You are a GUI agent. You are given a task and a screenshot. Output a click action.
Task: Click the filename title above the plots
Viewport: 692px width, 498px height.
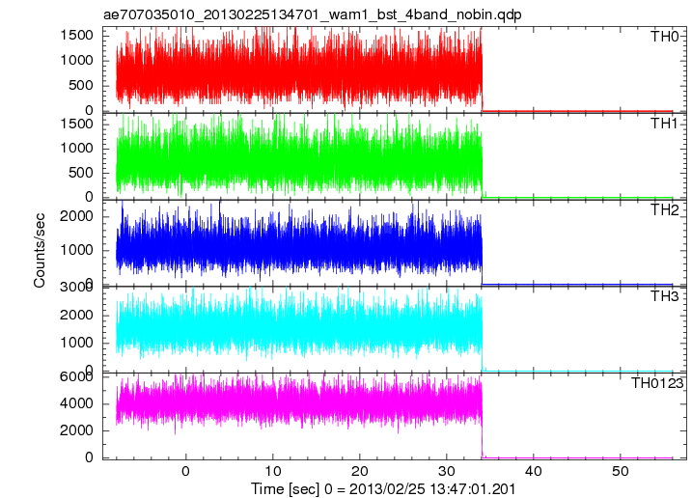(312, 14)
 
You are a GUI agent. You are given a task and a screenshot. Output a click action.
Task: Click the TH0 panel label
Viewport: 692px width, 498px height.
(665, 37)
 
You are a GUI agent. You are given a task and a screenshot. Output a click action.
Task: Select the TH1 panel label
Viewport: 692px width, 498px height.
(664, 124)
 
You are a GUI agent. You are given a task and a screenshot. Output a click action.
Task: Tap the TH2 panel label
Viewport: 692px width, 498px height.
(665, 210)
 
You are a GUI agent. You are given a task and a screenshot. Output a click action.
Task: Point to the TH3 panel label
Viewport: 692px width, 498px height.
(665, 296)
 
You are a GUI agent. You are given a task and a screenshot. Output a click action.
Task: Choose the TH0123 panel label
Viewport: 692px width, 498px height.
(656, 383)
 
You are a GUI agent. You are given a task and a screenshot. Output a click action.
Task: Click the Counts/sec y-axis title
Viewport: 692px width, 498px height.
(40, 250)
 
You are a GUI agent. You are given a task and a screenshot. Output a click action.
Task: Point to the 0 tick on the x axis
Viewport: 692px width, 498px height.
(185, 472)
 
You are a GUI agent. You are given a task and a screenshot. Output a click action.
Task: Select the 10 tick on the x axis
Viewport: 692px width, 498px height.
(272, 472)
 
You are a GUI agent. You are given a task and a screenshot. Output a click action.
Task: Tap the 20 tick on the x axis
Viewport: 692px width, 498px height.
(359, 472)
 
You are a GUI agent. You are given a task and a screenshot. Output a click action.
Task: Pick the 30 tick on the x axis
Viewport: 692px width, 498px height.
(446, 472)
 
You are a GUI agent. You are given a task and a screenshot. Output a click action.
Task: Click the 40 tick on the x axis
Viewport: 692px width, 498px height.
(533, 472)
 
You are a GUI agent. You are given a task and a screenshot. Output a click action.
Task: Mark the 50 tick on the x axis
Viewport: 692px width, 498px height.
(620, 472)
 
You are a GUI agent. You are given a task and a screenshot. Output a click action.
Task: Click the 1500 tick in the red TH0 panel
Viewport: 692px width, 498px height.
(77, 35)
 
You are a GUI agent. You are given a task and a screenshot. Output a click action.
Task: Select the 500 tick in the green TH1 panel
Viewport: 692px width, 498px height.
(81, 173)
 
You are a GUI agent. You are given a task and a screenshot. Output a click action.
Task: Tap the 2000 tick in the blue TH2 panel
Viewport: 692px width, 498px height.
(77, 216)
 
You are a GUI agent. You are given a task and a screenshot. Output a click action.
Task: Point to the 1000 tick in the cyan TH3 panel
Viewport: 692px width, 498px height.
(77, 343)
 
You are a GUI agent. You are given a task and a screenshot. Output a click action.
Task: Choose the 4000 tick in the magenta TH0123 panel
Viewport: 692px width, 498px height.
(77, 403)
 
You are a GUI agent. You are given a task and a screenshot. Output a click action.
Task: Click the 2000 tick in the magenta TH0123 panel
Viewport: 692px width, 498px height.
(77, 430)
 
